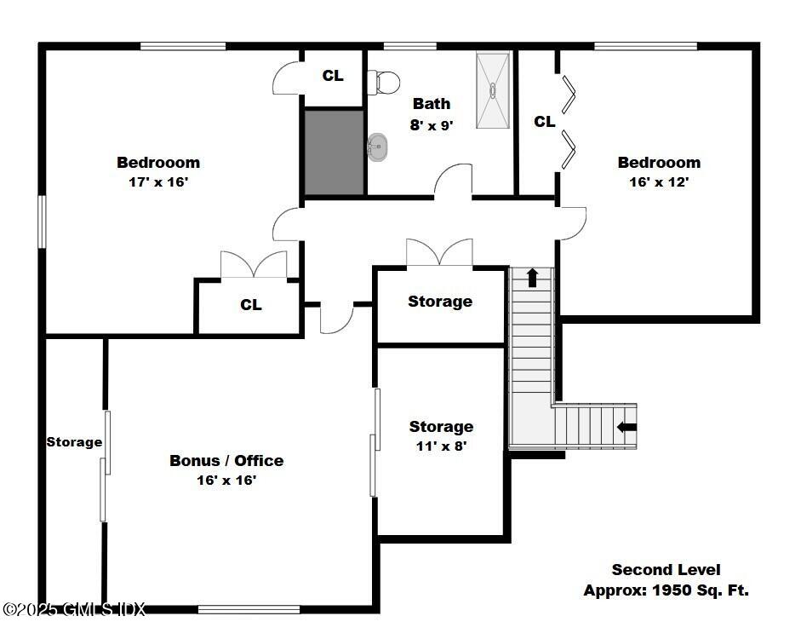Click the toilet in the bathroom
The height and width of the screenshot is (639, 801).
tap(385, 83)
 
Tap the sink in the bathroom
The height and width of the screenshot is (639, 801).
tap(377, 147)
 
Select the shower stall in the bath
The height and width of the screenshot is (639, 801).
tap(493, 89)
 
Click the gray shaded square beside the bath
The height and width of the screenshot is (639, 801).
tap(335, 152)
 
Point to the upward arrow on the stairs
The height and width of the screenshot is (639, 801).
tap(533, 278)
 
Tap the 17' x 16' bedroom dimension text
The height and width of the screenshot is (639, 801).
tap(158, 181)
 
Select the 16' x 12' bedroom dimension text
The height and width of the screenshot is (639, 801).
tap(659, 181)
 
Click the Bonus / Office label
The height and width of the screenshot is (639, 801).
tap(226, 461)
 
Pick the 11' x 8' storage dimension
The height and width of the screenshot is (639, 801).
tap(441, 445)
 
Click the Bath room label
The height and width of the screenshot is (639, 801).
tap(432, 104)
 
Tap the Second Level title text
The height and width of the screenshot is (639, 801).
tap(666, 570)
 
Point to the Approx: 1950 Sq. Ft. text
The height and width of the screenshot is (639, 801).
tap(666, 590)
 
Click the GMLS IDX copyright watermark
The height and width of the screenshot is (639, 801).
tap(74, 609)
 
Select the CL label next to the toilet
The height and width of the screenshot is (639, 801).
tap(333, 76)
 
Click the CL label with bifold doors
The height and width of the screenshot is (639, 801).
tap(545, 122)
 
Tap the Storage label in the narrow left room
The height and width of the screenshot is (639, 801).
tap(74, 442)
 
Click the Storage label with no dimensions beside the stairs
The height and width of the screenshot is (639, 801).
tap(440, 302)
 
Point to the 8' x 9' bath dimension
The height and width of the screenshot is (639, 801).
tap(432, 124)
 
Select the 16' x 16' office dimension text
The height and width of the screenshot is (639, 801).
tap(226, 481)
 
